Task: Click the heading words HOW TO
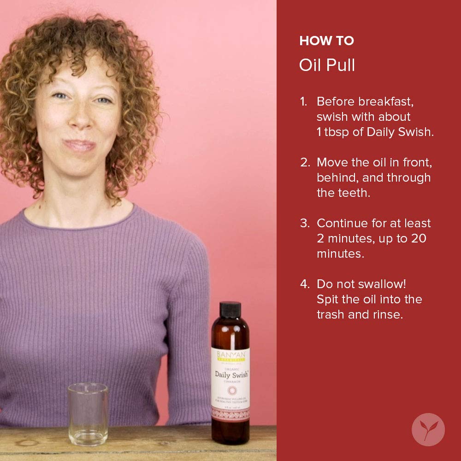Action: tap(326, 41)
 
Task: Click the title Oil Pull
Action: tap(327, 65)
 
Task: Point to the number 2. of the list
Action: tap(305, 162)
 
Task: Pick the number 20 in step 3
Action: tap(415, 238)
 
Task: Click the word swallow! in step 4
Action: tap(377, 284)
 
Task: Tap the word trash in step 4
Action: tap(333, 314)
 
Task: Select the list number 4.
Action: tap(305, 284)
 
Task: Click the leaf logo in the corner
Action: tap(428, 429)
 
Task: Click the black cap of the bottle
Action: tap(230, 309)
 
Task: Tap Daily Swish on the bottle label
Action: tap(231, 374)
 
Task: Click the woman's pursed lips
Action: tap(79, 145)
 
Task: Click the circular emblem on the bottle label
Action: tap(231, 390)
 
